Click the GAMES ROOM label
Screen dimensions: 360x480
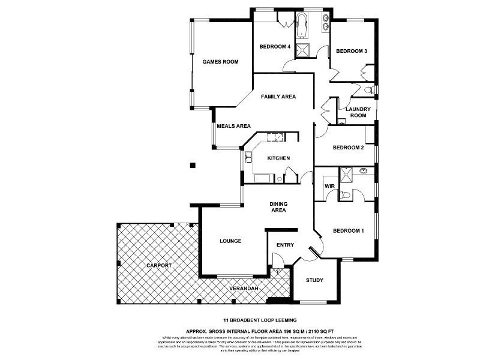(220, 62)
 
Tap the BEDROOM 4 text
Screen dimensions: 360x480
(275, 47)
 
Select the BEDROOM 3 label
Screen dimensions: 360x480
(351, 51)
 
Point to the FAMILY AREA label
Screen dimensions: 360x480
(278, 96)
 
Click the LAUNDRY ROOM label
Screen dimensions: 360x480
(358, 112)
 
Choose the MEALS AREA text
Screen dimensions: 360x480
(233, 126)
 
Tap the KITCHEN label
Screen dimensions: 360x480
(278, 158)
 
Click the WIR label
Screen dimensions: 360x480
(329, 187)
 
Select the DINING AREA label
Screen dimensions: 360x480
(278, 207)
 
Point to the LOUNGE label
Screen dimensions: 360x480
(230, 241)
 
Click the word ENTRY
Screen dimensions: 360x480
(284, 245)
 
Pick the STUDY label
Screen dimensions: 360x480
(314, 280)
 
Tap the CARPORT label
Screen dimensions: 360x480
(158, 265)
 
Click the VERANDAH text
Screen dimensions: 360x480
(244, 289)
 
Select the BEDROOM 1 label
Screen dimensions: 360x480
(349, 231)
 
